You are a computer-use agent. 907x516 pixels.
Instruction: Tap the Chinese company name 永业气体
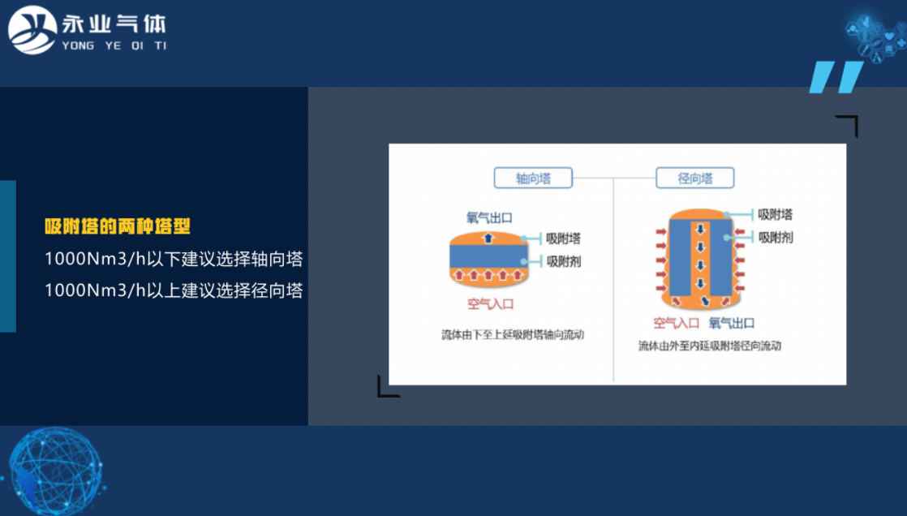114,23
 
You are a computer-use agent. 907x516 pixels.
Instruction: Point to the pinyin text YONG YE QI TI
114,45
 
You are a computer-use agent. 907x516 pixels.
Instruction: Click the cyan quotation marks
836,77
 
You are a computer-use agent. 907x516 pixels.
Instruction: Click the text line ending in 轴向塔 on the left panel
174,260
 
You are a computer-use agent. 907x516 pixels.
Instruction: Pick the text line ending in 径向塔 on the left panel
174,290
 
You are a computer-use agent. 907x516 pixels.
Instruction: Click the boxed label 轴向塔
533,178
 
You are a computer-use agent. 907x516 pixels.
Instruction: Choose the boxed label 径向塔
694,178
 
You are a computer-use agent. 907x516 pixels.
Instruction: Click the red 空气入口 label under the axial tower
490,304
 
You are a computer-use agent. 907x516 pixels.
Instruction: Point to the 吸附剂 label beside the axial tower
563,261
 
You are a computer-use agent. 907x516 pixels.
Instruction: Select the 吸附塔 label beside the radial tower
775,215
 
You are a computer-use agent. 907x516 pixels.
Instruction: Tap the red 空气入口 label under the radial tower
677,323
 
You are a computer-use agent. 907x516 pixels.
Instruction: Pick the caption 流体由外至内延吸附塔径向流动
709,346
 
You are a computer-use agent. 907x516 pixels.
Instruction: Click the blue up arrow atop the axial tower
488,238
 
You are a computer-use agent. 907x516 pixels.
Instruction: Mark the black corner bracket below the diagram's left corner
387,388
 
